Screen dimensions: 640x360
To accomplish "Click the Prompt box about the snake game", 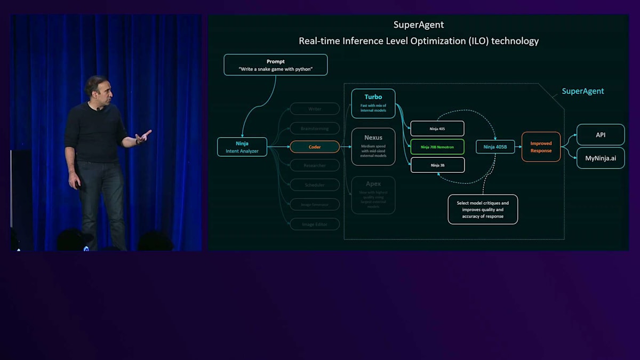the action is click(x=275, y=65).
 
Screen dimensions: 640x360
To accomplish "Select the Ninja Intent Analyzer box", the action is click(x=242, y=147).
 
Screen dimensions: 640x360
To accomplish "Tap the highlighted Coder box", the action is click(x=315, y=147).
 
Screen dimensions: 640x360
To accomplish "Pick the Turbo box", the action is click(x=373, y=103).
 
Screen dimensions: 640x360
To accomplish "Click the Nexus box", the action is click(x=373, y=146).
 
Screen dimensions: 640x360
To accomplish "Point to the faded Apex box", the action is click(x=373, y=195).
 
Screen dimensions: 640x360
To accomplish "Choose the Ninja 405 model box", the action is click(x=437, y=129).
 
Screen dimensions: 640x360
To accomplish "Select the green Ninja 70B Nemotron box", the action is click(x=437, y=147).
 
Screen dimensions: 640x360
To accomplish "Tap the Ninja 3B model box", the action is click(x=437, y=165).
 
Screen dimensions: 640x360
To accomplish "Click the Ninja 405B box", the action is click(x=495, y=147).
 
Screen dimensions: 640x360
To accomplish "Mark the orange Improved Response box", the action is click(x=541, y=147).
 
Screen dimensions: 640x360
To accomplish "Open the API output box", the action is click(x=601, y=135).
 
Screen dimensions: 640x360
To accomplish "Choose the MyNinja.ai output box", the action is click(x=601, y=158).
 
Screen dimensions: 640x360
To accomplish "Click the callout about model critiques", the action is click(x=483, y=209).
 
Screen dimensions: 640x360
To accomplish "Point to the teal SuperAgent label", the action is click(x=583, y=91).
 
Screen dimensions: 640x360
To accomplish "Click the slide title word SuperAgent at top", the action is click(x=419, y=25).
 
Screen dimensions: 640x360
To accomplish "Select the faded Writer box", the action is click(x=315, y=109).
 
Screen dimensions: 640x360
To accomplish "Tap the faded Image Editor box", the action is click(x=315, y=224).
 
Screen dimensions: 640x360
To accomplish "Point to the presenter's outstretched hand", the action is click(x=143, y=137).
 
